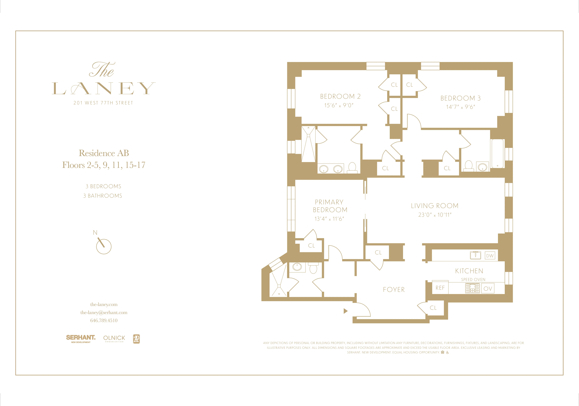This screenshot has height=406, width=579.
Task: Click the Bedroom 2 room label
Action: [340, 96]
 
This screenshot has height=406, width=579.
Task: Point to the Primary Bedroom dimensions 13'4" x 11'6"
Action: [329, 219]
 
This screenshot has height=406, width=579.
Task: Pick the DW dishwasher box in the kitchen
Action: [490, 256]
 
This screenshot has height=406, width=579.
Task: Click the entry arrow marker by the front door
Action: [345, 311]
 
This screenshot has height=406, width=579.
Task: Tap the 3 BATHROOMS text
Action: [103, 196]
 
